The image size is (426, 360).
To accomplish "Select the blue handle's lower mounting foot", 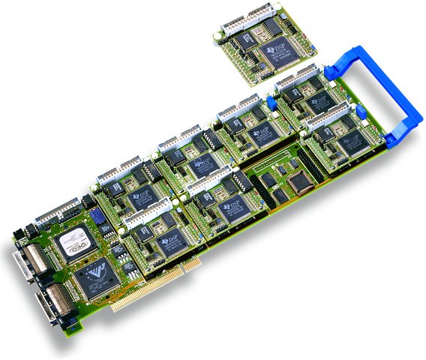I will [x=393, y=138].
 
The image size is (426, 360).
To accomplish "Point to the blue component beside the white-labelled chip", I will [x=95, y=219].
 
